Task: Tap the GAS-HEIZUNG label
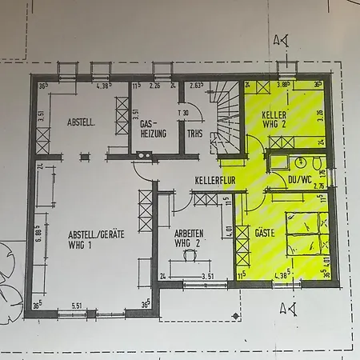click(x=153, y=130)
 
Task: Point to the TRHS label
click(x=194, y=134)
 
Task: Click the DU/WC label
click(x=298, y=181)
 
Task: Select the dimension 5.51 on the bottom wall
click(x=77, y=306)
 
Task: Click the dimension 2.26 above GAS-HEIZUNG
click(x=157, y=85)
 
